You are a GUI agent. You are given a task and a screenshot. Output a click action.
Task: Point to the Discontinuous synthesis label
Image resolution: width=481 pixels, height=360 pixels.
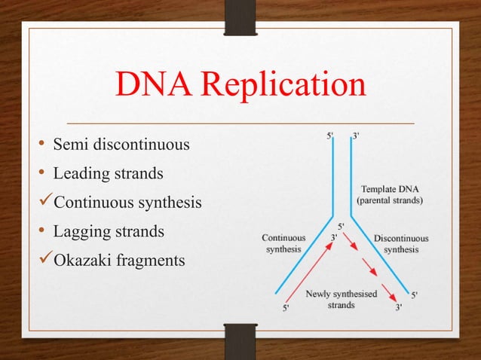[x=401, y=243]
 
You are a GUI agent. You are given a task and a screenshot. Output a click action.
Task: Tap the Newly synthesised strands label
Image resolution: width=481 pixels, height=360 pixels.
[x=342, y=299]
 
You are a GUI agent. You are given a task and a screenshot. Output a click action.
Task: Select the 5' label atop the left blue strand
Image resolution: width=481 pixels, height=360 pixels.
[x=331, y=136]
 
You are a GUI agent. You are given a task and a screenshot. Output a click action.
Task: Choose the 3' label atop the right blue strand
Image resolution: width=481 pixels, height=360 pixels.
[x=356, y=136]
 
